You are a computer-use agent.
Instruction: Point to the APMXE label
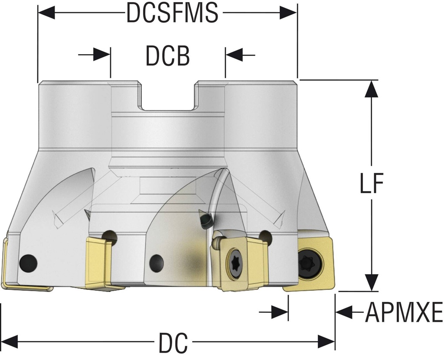404,312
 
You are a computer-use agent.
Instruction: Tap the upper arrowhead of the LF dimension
369,89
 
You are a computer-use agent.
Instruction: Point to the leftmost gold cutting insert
9,264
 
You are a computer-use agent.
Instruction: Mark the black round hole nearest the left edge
29,263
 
